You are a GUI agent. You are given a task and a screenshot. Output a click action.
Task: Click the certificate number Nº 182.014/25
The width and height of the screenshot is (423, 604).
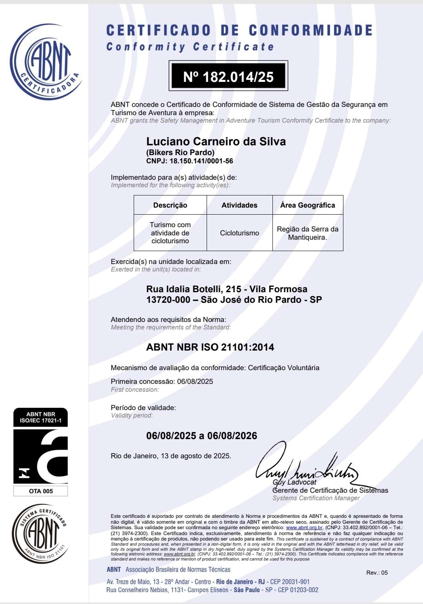point(228,76)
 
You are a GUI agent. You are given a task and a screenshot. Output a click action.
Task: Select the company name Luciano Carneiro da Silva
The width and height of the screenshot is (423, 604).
point(216,141)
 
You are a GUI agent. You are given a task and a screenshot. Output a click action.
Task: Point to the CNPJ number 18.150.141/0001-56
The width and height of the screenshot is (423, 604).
point(201,161)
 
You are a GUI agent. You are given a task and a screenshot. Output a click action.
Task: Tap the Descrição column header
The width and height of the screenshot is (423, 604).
point(170,205)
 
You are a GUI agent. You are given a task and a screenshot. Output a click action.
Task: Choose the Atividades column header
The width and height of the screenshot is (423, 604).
point(239,205)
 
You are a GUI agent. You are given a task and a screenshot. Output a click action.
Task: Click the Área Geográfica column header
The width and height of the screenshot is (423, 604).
point(307,205)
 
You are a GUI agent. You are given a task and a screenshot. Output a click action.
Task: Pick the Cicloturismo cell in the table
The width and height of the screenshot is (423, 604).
point(239,233)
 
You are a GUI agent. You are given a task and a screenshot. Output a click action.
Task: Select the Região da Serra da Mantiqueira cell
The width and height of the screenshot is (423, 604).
point(307,233)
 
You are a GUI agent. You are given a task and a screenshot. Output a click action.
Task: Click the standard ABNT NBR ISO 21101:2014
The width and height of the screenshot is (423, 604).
point(210,347)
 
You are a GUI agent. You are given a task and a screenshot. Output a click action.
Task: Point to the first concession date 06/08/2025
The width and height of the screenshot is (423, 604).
point(195,382)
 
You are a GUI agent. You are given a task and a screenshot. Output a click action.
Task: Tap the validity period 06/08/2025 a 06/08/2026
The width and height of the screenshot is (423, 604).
point(202,436)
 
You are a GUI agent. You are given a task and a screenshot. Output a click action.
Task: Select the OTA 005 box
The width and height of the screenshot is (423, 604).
point(40,491)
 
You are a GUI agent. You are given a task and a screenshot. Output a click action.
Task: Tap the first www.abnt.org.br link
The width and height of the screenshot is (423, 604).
point(304,528)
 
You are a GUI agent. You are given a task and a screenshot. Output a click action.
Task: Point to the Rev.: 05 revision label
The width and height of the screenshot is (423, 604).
point(377,573)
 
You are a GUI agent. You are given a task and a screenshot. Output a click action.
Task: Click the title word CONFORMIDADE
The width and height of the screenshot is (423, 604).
point(310,31)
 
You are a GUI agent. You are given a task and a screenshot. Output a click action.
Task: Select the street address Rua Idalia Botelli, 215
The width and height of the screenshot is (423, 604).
point(194,289)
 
